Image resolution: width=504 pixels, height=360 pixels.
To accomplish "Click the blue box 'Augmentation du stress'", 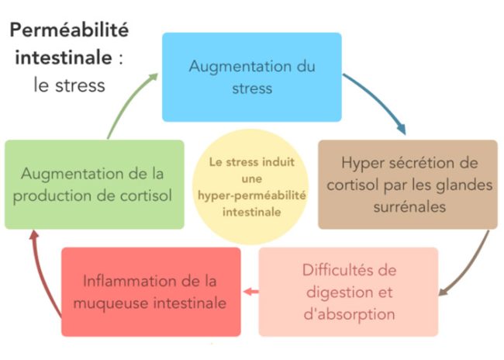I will [251, 76].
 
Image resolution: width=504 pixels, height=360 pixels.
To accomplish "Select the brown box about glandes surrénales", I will [407, 184].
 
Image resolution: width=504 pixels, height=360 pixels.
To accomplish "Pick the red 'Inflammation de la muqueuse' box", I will [151, 292].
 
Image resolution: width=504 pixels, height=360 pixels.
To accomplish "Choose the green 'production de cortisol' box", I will [95, 184].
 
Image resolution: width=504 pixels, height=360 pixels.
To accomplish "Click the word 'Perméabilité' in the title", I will [69, 32].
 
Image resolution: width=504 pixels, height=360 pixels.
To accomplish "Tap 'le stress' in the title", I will [69, 85].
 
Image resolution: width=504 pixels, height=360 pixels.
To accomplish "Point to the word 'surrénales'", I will [407, 207].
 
